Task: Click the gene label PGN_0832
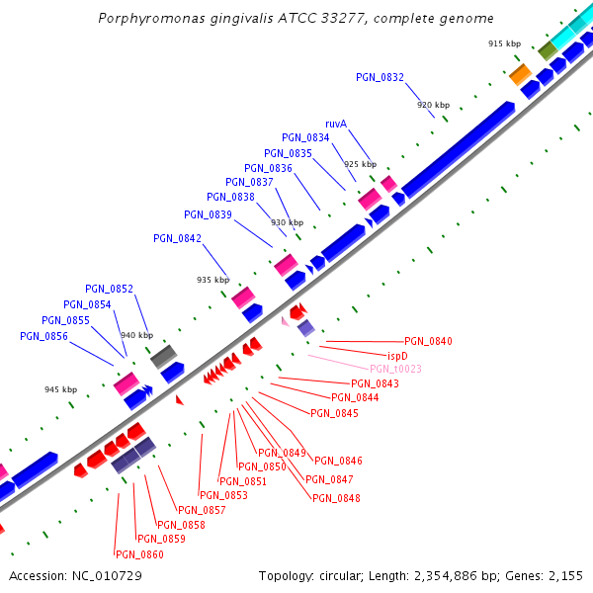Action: (380, 77)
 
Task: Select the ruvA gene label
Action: (336, 124)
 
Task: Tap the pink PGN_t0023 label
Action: (395, 369)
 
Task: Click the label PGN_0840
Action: (428, 341)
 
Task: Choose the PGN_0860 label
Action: (139, 554)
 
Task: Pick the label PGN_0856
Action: (43, 336)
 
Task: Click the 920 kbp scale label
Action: (433, 105)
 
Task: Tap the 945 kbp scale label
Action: (60, 389)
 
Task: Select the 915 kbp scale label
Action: (504, 43)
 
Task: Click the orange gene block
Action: (520, 73)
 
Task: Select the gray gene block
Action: (163, 356)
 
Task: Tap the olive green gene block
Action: (548, 49)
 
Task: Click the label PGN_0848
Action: (336, 498)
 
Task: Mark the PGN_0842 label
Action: (178, 238)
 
